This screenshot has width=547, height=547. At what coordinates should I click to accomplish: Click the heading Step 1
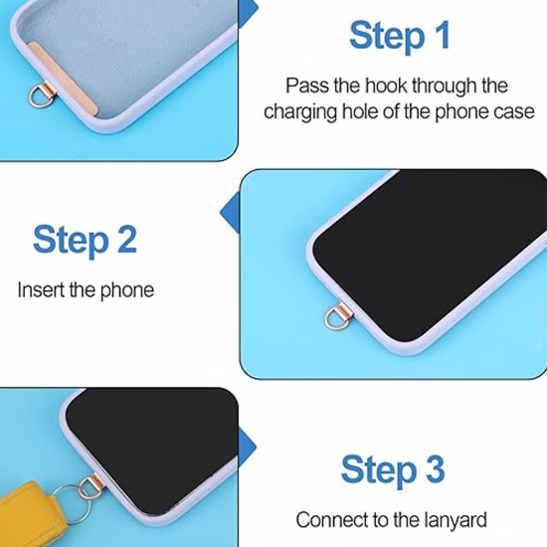[x=399, y=36]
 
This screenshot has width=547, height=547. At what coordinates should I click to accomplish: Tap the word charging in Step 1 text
[x=300, y=111]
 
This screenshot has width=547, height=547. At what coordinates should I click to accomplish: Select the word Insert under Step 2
[x=39, y=290]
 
